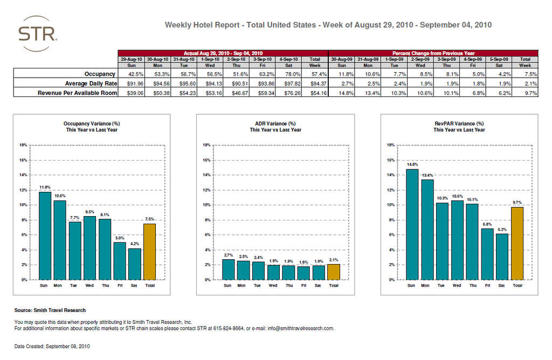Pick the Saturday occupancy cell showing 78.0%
(292, 74)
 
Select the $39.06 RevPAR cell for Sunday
(131, 93)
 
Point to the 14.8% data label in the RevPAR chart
(412, 164)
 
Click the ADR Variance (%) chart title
(275, 124)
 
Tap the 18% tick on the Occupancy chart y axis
(23, 145)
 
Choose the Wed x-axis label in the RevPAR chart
(457, 286)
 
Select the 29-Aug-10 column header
(131, 59)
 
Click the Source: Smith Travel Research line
(50, 310)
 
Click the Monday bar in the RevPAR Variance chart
(427, 230)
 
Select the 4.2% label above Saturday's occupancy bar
(135, 243)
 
